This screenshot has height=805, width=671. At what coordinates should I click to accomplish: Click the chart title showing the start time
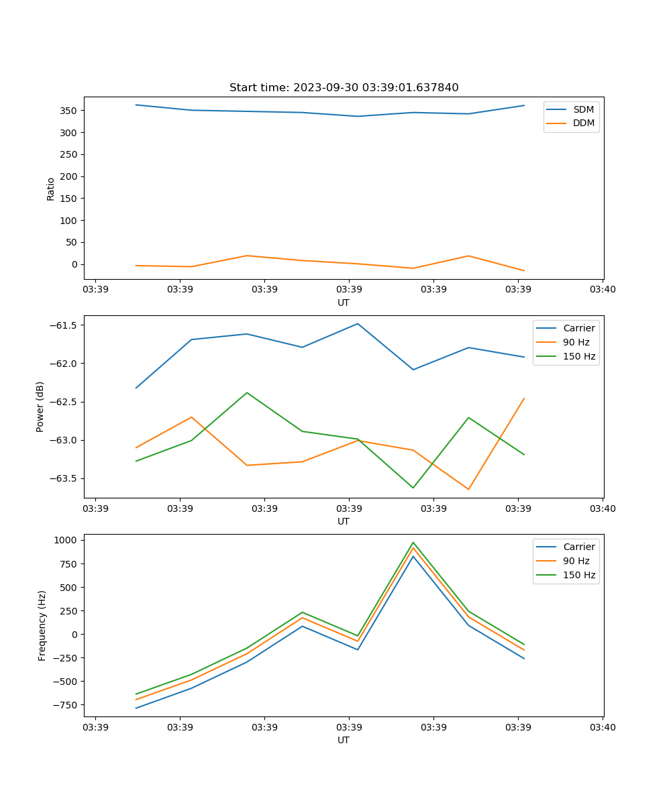[344, 88]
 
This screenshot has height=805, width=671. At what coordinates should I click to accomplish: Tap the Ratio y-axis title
[51, 189]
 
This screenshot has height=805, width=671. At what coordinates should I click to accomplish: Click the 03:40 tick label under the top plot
[603, 289]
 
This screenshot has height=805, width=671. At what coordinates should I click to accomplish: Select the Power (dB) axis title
[40, 407]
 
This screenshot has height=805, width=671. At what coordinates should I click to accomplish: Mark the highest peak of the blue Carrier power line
[358, 323]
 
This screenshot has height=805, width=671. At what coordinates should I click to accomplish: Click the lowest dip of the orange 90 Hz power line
[468, 489]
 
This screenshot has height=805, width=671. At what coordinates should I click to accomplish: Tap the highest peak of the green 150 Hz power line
[247, 392]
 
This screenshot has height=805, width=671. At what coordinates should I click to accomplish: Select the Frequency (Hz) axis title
[42, 625]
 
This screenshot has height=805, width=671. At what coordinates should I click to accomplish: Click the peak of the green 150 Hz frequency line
[413, 543]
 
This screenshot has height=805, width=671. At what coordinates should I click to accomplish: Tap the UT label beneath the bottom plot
[344, 740]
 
